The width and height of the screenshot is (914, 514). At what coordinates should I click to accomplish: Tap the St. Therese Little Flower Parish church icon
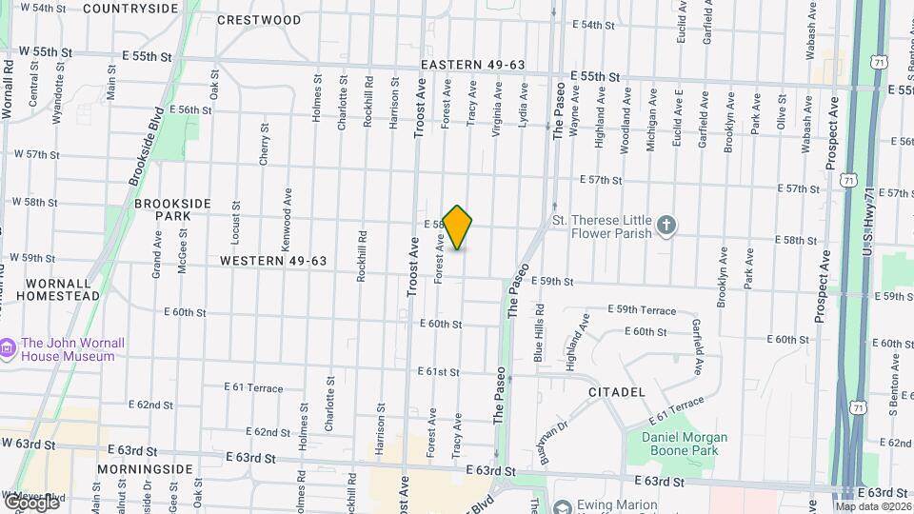667,226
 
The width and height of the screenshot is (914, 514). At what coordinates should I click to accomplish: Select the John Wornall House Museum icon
9,349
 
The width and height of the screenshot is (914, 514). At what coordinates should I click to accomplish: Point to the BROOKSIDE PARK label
163,209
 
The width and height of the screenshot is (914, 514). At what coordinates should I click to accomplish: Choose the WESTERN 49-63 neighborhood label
273,261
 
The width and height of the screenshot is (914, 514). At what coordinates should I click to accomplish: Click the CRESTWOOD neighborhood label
259,19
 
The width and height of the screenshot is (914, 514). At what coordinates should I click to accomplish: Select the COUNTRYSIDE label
130,9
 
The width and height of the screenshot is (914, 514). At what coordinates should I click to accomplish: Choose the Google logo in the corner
31,502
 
